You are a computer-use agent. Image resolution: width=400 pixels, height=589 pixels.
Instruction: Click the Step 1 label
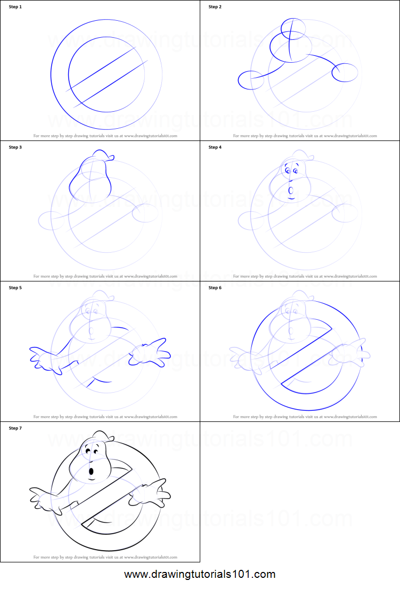[15, 7]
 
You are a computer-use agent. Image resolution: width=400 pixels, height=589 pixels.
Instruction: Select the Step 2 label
[215, 7]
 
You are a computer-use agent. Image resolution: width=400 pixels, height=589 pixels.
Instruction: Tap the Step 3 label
[15, 147]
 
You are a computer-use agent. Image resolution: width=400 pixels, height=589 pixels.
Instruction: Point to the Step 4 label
[215, 147]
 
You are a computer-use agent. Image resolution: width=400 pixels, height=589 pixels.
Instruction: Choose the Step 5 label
[15, 288]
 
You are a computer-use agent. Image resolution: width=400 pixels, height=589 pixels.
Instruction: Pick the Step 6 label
[215, 288]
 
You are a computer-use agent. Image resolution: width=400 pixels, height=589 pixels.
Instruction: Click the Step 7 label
[15, 428]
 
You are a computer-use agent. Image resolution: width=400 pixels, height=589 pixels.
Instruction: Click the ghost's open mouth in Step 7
[92, 471]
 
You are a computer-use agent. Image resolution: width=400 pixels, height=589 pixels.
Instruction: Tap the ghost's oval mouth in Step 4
[291, 190]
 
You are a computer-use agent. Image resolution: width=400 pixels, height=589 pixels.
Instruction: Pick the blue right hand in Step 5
[151, 352]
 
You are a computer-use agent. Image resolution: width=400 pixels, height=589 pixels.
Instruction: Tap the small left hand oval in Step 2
[247, 80]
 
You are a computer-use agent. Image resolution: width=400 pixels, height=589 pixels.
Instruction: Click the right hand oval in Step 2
[345, 72]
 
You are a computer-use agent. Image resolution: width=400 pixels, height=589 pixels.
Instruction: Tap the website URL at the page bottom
[200, 575]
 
